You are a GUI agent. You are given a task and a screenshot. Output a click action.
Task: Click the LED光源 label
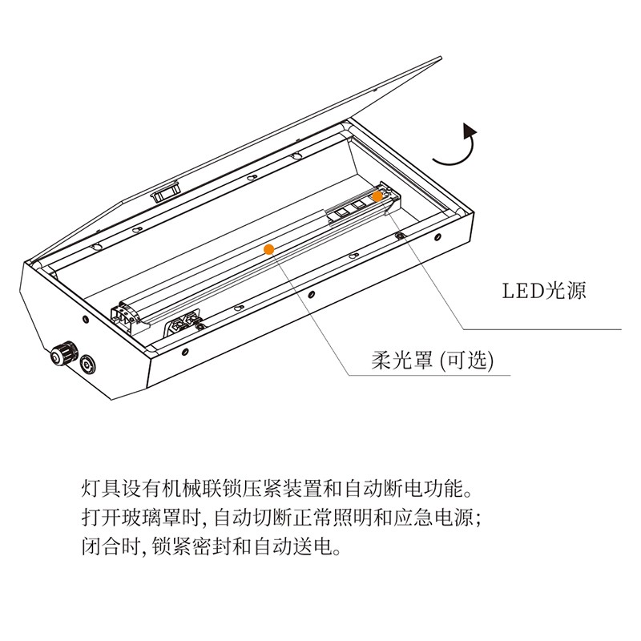pos(544,291)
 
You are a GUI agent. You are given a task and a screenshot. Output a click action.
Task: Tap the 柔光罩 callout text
pos(402,361)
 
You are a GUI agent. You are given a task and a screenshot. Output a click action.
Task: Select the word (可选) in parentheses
pos(467,361)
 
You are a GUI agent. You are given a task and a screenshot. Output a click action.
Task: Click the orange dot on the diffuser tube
pos(268,249)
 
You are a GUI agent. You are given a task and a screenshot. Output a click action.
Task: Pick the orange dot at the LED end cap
pos(377,196)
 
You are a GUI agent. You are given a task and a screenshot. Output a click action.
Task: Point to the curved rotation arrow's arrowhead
pos(470,130)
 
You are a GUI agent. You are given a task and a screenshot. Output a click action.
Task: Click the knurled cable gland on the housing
pos(63,354)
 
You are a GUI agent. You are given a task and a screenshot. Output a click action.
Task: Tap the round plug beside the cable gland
pos(87,364)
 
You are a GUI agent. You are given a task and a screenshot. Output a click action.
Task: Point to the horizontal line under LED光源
pos(542,329)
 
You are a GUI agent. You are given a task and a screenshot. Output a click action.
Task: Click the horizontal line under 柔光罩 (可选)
pos(429,374)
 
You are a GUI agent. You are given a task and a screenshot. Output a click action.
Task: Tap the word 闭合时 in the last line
pos(111,546)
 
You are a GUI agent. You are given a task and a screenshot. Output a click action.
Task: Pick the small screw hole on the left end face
pos(86,319)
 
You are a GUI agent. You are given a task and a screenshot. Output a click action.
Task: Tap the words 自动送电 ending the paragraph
pos(292,546)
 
